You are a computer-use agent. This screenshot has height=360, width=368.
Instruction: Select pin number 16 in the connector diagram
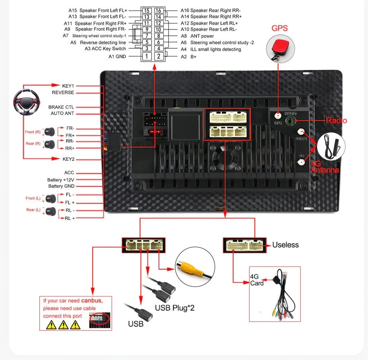point(159,10)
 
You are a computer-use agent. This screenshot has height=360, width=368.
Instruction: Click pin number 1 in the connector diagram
point(147,56)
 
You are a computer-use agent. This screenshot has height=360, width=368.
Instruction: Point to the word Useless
point(285,245)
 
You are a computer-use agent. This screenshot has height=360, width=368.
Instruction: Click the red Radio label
point(336,121)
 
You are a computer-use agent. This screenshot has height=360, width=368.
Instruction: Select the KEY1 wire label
point(68,86)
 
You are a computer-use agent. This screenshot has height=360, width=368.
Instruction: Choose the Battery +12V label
point(61,180)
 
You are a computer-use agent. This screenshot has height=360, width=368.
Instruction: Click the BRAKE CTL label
point(61,107)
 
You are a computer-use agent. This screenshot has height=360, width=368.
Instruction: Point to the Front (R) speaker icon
point(50,131)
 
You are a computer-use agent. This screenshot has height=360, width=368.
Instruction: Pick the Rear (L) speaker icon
point(50,211)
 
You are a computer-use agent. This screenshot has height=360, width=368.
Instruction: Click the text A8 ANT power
point(197,36)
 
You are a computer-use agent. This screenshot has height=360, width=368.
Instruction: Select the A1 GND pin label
point(117,57)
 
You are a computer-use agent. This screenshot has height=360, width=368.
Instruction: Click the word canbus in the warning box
point(91,301)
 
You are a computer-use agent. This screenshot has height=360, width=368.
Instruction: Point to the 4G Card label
point(257,280)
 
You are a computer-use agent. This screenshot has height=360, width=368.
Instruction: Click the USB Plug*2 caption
point(175,308)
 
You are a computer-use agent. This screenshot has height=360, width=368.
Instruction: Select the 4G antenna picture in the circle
point(331,145)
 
